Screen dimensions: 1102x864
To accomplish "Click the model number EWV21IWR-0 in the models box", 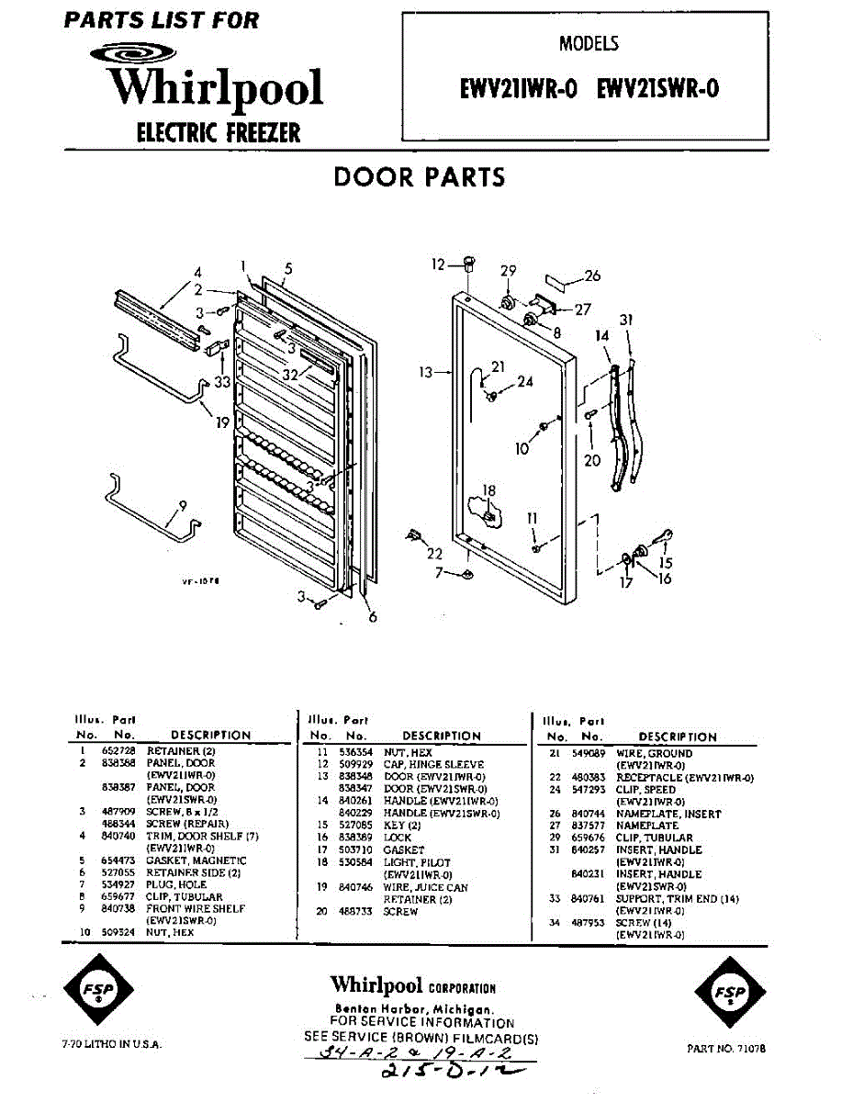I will point(518,89).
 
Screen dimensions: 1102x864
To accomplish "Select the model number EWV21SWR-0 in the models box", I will point(657,89).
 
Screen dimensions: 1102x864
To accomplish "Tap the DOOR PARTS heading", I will point(420,176).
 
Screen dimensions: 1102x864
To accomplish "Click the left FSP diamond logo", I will point(97,993).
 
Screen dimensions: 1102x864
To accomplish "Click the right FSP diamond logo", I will point(731,993).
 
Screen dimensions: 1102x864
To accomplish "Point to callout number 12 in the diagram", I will point(439,264).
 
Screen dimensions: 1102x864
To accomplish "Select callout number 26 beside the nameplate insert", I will point(592,275).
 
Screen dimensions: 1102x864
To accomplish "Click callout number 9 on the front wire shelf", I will point(182,504).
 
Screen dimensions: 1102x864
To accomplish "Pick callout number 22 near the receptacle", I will point(433,554).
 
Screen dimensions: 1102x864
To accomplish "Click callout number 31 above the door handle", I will point(626,320).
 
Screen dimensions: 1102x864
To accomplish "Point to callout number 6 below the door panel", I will point(373,617).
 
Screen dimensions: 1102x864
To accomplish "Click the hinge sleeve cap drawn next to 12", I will point(468,264).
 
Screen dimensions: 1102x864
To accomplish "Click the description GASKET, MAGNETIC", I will point(196,860).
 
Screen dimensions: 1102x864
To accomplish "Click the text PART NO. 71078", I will point(726,1048).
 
